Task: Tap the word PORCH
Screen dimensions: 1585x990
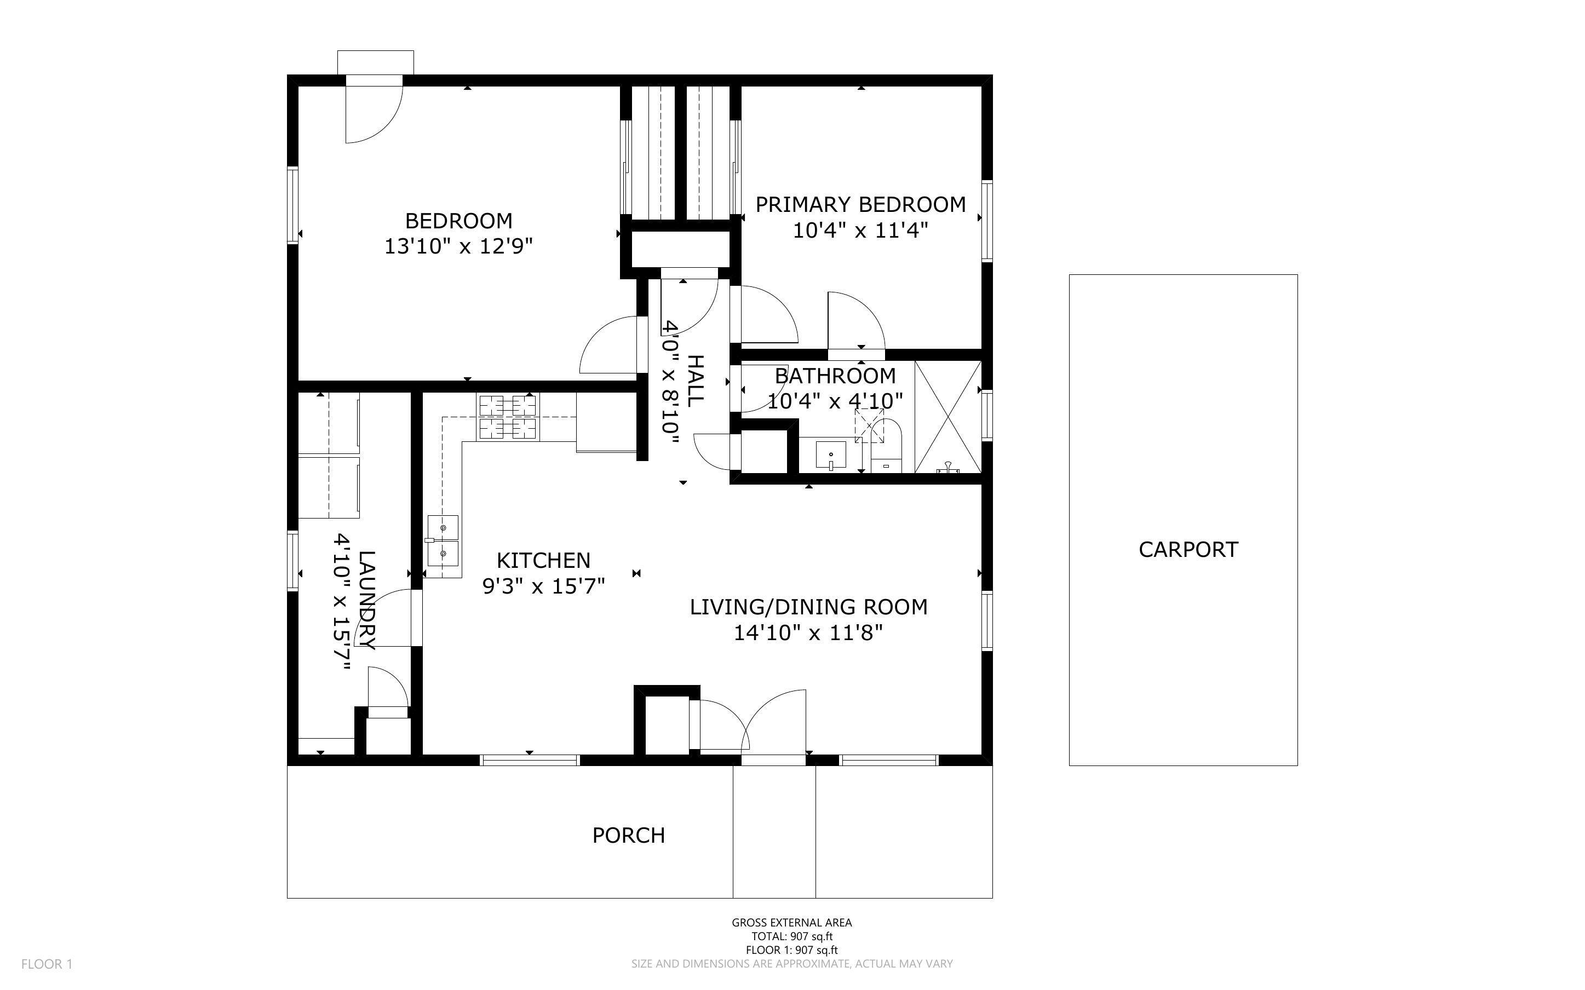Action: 629,835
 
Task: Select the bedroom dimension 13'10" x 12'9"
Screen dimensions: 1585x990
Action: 458,247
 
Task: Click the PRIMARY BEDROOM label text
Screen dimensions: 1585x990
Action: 860,204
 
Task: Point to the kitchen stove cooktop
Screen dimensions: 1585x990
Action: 508,417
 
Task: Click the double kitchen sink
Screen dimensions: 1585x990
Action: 443,540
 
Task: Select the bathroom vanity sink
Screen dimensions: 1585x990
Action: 831,456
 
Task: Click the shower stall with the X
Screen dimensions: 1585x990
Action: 948,417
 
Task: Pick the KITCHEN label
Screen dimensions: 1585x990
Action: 543,561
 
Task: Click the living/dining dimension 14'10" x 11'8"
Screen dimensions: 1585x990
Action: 808,633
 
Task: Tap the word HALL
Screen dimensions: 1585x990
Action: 694,381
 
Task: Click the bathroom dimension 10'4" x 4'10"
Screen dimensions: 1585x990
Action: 835,401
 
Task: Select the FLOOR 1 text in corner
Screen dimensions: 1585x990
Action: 47,964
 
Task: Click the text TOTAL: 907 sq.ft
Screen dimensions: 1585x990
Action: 792,936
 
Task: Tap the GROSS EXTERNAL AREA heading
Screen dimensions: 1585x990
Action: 792,923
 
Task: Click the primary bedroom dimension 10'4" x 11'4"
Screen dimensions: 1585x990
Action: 860,231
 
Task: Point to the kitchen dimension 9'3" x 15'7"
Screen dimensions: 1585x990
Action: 543,586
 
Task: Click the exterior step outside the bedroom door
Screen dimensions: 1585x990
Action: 376,63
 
